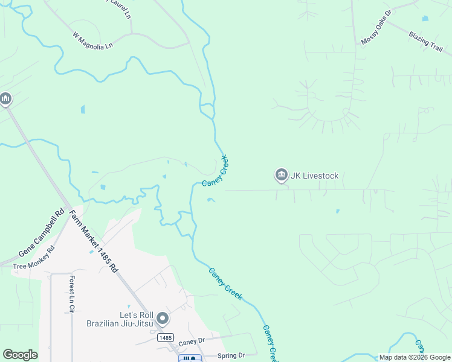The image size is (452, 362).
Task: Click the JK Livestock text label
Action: [314, 176]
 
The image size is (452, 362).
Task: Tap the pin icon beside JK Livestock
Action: [281, 176]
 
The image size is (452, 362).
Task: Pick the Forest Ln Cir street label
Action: [71, 294]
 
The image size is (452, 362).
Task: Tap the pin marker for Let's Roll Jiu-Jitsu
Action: [162, 318]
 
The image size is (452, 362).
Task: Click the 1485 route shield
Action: [166, 338]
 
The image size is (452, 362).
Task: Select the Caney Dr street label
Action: [192, 341]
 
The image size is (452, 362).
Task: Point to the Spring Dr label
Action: [232, 355]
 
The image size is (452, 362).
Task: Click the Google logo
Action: [21, 355]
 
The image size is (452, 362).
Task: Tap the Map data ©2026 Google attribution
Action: [414, 357]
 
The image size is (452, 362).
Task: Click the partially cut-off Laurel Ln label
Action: [121, 7]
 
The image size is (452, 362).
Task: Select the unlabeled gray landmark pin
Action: [6, 98]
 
